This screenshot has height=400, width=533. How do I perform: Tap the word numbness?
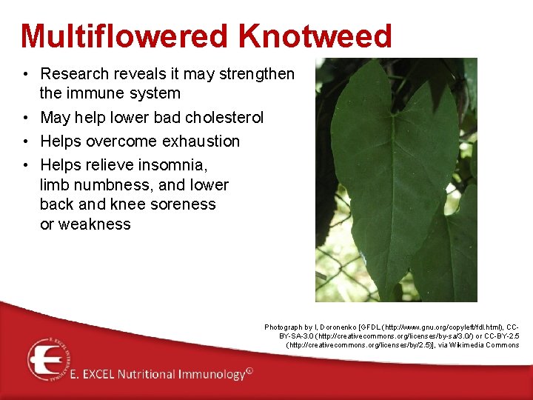113,184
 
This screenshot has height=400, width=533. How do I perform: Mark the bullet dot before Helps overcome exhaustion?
25,141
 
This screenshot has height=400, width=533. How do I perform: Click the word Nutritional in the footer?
150,375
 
